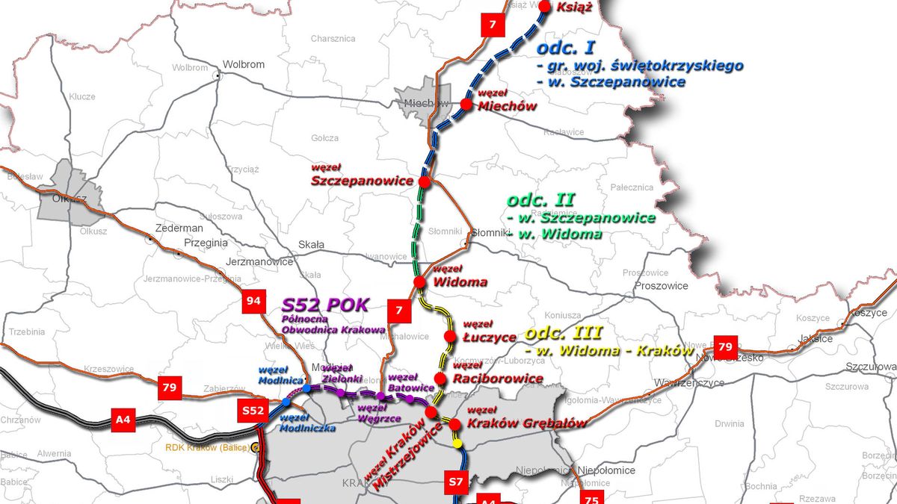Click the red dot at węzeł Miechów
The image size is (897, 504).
click(467, 105)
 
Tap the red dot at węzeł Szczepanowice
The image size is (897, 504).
click(425, 181)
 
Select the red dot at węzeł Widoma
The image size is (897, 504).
click(419, 281)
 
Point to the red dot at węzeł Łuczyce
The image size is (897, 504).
click(450, 337)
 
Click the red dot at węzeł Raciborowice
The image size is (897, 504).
click(441, 378)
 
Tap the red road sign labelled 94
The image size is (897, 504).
click(254, 302)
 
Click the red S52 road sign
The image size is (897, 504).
click(253, 411)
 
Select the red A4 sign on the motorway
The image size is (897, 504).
click(123, 419)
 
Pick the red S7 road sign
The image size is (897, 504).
click(456, 480)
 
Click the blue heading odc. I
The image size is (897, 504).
click(565, 49)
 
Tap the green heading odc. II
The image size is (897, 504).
click(540, 200)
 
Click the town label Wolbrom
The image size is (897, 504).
click(244, 64)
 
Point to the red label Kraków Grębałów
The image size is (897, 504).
click(526, 423)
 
